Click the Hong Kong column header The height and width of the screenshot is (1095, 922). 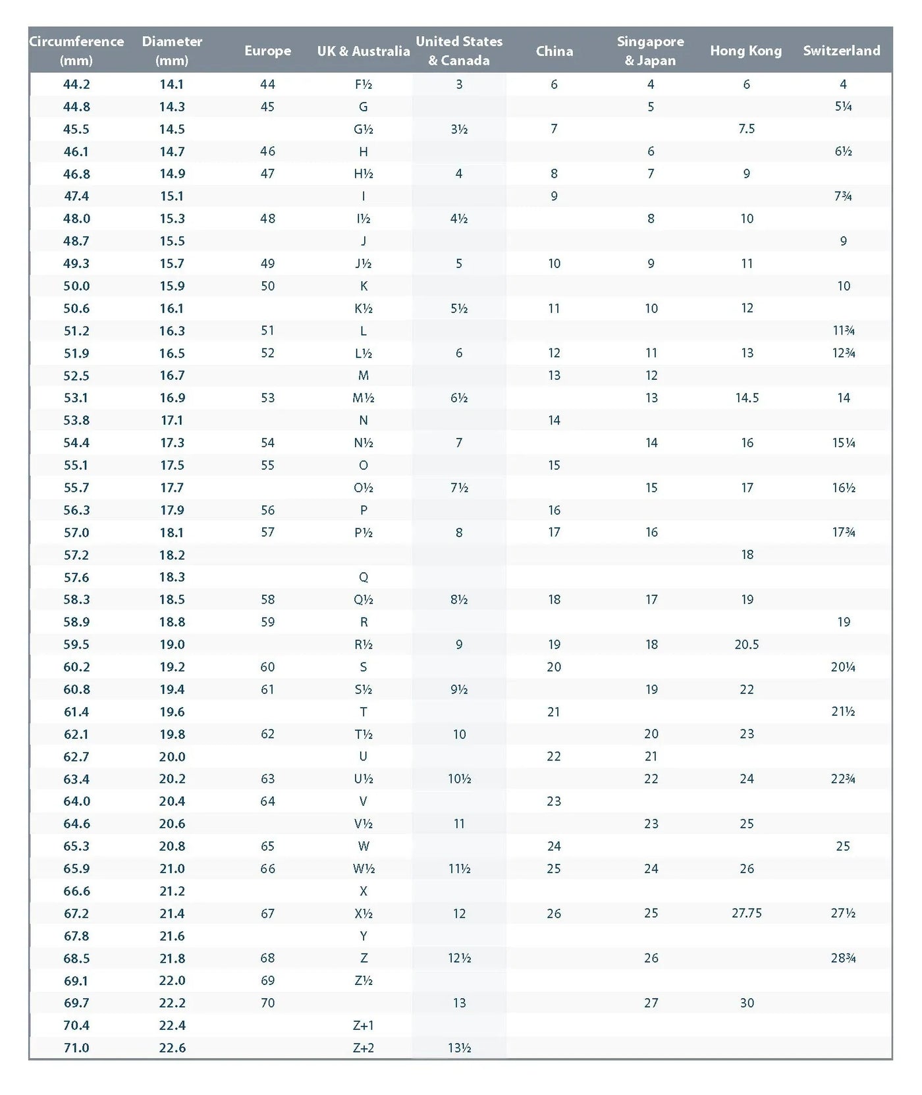click(x=746, y=51)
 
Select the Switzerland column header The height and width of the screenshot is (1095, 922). click(x=841, y=51)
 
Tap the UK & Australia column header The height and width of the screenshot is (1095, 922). click(x=364, y=51)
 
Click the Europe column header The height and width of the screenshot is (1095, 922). click(x=267, y=51)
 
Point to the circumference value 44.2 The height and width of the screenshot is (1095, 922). click(x=76, y=84)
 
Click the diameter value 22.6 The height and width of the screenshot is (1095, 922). click(x=172, y=1048)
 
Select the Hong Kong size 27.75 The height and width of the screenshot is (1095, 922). click(x=746, y=913)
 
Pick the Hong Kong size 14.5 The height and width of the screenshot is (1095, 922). click(x=747, y=398)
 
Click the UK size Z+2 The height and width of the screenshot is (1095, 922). click(x=364, y=1048)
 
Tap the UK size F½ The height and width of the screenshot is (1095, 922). click(x=364, y=84)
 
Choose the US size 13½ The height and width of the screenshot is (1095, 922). click(x=459, y=1048)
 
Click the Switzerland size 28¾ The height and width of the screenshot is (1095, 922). click(x=843, y=958)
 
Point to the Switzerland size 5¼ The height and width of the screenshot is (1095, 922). click(x=843, y=107)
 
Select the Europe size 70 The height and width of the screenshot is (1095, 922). click(x=267, y=1003)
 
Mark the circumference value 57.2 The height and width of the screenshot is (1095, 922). click(x=76, y=555)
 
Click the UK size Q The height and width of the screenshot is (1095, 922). click(x=364, y=577)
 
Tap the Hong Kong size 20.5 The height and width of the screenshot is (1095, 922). click(x=746, y=645)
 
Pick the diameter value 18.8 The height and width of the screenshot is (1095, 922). click(x=172, y=622)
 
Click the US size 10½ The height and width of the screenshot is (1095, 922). click(x=459, y=779)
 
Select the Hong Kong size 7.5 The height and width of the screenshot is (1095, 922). click(x=746, y=129)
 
